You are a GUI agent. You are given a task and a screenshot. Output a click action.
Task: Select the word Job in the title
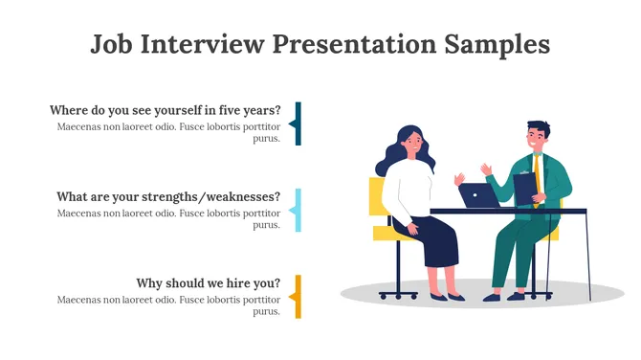click(111, 45)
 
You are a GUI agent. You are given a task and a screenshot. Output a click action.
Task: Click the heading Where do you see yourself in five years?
click(165, 110)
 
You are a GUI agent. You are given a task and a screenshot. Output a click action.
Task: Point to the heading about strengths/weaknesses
click(168, 197)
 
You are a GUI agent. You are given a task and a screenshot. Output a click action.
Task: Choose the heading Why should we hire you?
click(209, 283)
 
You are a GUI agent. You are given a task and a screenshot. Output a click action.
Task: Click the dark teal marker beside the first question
click(298, 124)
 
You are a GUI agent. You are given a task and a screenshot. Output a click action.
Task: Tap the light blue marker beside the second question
click(298, 210)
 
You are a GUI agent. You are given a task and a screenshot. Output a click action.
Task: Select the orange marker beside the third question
click(298, 296)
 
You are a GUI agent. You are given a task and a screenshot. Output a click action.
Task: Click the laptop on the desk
click(477, 195)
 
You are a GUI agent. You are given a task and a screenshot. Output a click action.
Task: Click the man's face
click(536, 139)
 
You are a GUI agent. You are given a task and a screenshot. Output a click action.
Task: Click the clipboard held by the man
click(525, 186)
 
